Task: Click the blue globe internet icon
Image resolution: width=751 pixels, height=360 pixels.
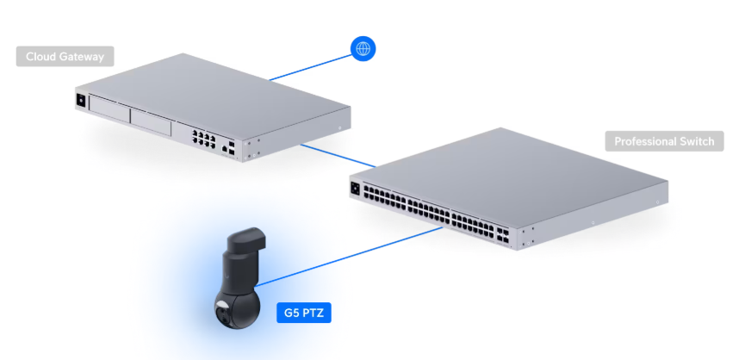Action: [363, 49]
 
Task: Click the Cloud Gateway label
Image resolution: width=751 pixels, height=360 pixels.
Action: [65, 57]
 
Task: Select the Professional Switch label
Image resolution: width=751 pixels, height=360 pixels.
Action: [664, 141]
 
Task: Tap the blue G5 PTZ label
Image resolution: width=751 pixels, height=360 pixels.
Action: [303, 312]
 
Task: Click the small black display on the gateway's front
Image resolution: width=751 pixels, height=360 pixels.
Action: [82, 100]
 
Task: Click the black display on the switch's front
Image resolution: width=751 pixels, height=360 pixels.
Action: [355, 186]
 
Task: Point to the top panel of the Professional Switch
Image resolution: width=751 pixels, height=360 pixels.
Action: [517, 172]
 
